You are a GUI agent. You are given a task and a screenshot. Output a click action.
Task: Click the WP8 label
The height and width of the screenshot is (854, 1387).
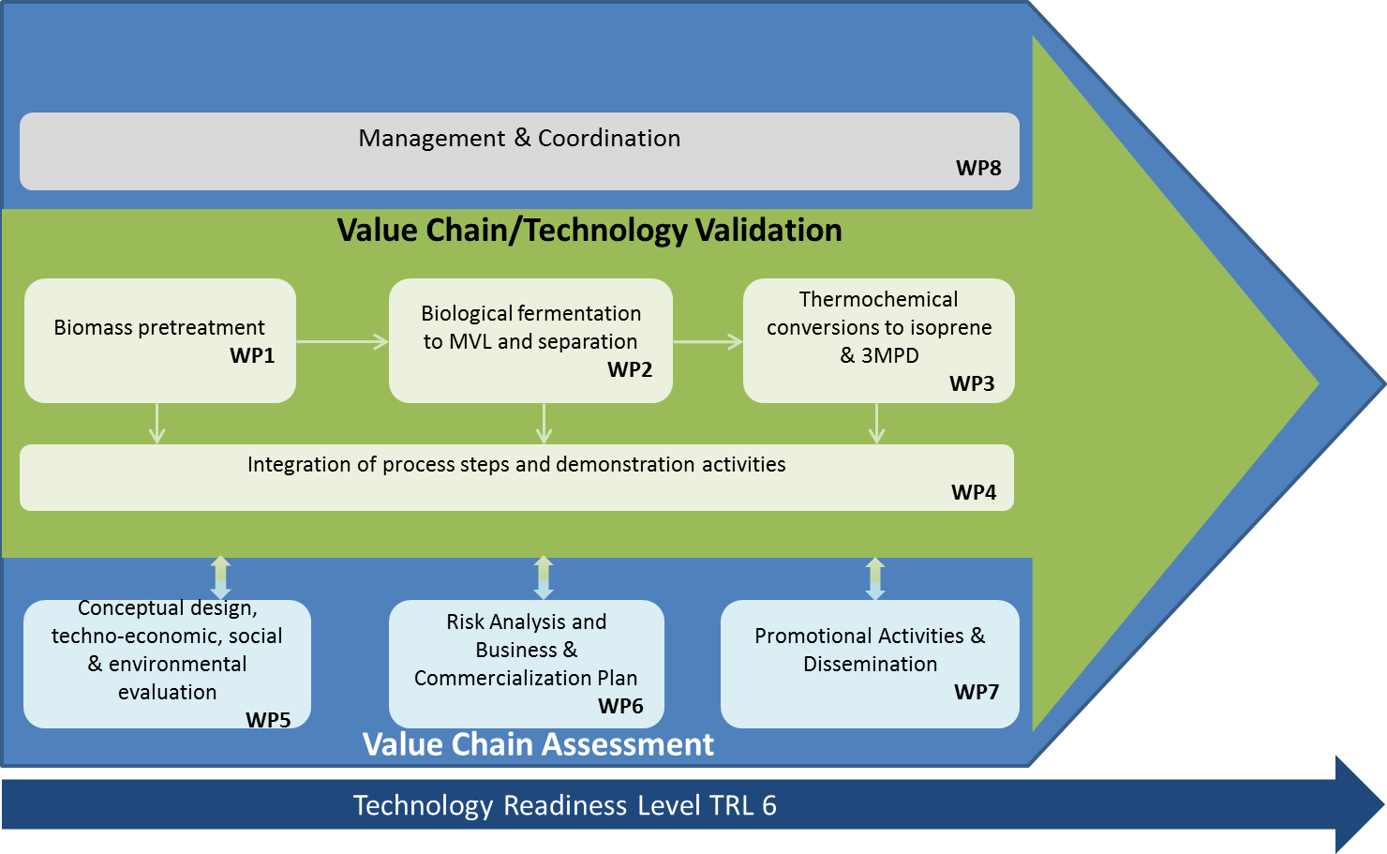[x=978, y=168]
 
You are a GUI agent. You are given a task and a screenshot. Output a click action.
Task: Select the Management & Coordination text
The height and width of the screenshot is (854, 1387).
[x=519, y=138]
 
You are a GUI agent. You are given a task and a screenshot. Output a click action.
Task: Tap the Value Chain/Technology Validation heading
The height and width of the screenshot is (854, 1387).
[x=589, y=231]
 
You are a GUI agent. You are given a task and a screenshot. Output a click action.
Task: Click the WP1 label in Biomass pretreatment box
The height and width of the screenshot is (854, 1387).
[x=252, y=355]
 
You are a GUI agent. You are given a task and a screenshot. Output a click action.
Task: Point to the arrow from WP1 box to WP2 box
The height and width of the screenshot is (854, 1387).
[x=342, y=341]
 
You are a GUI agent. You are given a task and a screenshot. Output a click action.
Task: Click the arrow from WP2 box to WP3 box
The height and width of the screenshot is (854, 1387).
[x=708, y=341]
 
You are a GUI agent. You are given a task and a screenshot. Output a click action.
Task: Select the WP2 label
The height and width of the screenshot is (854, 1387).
[x=630, y=369]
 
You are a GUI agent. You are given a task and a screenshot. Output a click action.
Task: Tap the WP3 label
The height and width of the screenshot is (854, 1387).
[x=972, y=384]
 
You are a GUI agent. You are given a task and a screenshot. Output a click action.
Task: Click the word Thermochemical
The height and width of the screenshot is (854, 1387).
[x=878, y=300]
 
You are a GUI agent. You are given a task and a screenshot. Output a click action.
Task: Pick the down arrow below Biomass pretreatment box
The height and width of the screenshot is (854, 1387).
[x=157, y=424]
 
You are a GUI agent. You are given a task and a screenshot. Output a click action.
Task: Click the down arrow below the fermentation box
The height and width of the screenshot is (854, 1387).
[x=544, y=424]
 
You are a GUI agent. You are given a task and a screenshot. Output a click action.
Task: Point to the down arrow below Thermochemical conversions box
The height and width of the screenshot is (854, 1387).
[x=876, y=424]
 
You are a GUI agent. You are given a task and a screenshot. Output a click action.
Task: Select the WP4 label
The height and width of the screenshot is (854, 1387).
[x=974, y=492]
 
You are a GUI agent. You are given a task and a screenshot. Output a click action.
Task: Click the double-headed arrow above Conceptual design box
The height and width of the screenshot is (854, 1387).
[x=220, y=577]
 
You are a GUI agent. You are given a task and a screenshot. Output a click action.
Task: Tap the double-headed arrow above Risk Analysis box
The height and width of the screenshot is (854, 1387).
[x=543, y=577]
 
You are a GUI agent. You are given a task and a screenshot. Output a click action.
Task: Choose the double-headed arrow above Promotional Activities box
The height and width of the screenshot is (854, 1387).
[x=875, y=578]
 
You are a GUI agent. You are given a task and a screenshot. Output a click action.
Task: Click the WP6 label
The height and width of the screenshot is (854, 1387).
[x=620, y=706]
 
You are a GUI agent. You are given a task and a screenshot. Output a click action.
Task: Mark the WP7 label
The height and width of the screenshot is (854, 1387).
[x=977, y=692]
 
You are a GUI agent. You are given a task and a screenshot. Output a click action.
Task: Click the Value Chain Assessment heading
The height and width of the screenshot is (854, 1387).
[x=538, y=744]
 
